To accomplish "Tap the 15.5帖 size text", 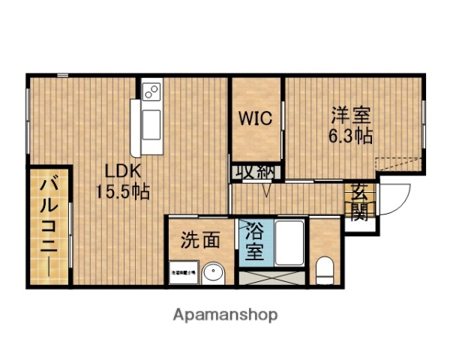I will (122, 191).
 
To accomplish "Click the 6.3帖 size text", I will (350, 136).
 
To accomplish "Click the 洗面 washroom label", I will (200, 240).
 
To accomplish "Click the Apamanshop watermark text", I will (226, 314).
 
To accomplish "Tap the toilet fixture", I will (325, 268).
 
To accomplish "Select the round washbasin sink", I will (213, 271).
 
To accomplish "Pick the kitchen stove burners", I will (151, 92).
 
